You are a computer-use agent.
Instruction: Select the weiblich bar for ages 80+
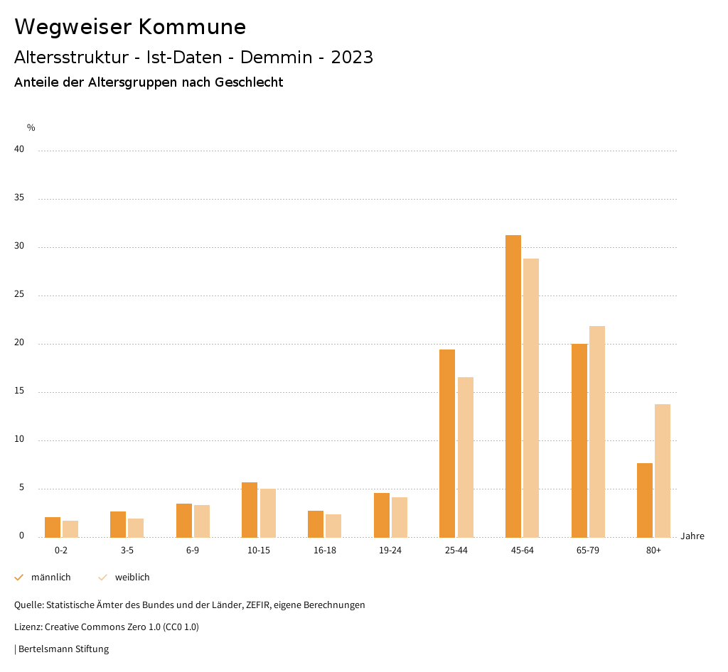click(x=663, y=470)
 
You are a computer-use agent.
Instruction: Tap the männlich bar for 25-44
click(x=447, y=443)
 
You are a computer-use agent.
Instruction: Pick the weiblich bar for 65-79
click(x=597, y=431)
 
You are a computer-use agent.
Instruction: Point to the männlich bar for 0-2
click(x=53, y=527)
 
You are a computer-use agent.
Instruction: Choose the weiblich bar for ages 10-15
click(x=268, y=513)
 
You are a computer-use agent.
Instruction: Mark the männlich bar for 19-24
click(x=382, y=515)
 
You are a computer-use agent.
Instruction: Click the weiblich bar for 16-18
click(x=333, y=526)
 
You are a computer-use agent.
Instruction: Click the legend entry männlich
click(x=50, y=578)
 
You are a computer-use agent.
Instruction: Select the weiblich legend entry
click(x=132, y=578)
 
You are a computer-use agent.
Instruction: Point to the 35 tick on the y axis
click(x=19, y=198)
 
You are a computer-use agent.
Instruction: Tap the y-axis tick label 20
click(x=19, y=343)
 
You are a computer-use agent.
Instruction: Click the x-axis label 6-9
click(x=193, y=551)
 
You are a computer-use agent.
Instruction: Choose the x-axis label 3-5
click(x=127, y=551)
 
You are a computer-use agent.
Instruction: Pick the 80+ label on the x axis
click(x=654, y=551)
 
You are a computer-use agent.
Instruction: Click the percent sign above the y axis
click(x=31, y=128)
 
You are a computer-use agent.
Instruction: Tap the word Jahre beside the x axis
click(x=692, y=536)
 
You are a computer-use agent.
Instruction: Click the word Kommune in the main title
click(x=192, y=27)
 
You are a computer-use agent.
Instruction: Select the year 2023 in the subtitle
click(x=352, y=58)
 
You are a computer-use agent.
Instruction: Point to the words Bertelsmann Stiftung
click(x=63, y=649)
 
